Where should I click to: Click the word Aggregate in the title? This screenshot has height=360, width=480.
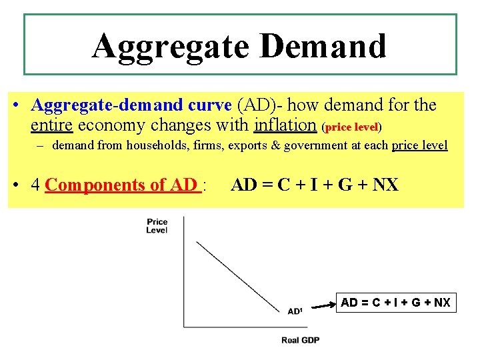[169, 46]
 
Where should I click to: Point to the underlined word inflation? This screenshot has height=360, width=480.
[285, 125]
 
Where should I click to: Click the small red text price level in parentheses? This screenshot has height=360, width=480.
[351, 127]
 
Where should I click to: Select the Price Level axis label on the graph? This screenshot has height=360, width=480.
[157, 226]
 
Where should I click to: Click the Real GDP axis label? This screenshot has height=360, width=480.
[300, 340]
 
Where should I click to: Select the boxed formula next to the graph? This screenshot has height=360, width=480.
[395, 303]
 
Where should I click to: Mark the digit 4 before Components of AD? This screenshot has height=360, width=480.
[36, 185]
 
